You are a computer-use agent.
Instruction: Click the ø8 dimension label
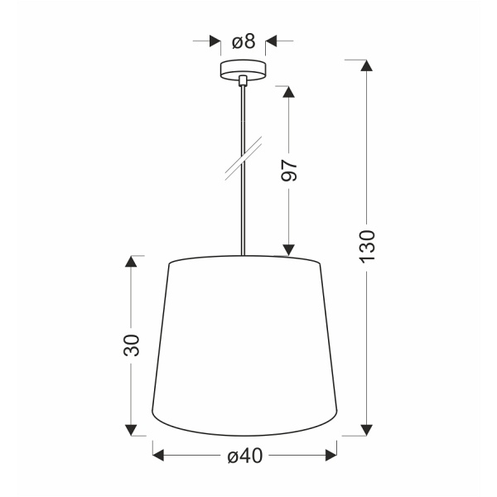[243, 41]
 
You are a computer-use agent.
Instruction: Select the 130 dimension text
[368, 247]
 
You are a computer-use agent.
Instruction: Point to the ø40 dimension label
[244, 454]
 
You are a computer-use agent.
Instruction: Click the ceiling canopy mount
[243, 69]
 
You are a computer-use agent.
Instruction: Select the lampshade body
[244, 348]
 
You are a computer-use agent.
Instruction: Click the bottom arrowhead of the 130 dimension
[364, 429]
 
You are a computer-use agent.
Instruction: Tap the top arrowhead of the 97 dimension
[288, 92]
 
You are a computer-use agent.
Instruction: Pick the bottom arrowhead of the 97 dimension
[288, 248]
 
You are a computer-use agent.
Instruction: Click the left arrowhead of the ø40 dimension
[159, 454]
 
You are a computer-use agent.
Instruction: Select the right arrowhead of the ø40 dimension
[331, 454]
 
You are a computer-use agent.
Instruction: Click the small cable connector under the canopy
[243, 81]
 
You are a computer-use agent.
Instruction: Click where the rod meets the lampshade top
[243, 256]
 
